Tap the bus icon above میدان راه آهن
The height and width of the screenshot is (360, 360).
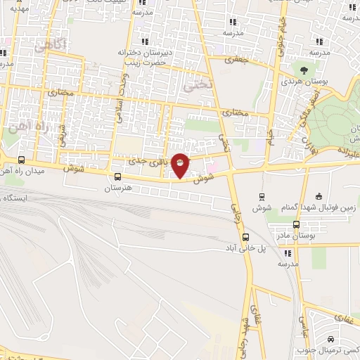pyautogui.click(x=22, y=160)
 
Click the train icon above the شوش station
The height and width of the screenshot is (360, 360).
pyautogui.click(x=262, y=196)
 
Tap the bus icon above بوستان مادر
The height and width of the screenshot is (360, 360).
pyautogui.click(x=296, y=225)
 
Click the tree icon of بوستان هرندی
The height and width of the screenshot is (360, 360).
pyautogui.click(x=303, y=70)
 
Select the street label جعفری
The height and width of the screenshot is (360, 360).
pyautogui.click(x=237, y=61)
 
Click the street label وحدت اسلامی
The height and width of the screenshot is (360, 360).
pyautogui.click(x=121, y=98)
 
